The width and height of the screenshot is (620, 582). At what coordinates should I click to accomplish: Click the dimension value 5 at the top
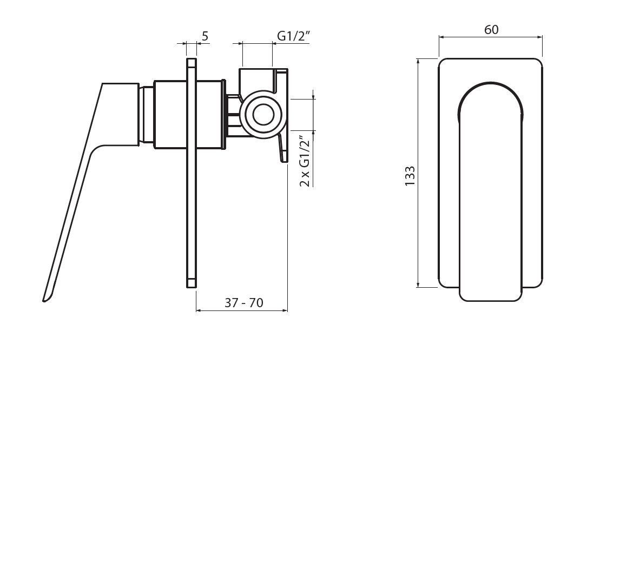click(205, 36)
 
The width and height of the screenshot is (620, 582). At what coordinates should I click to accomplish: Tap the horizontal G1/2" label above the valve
click(293, 36)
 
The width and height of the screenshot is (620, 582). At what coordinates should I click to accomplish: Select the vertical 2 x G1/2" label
click(305, 161)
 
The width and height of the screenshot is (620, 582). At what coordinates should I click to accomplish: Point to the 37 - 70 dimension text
click(244, 303)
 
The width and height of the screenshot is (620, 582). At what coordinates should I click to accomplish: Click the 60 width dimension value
click(491, 30)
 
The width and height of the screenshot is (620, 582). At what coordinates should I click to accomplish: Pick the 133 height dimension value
click(410, 176)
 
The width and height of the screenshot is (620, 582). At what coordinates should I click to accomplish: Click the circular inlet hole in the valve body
click(263, 115)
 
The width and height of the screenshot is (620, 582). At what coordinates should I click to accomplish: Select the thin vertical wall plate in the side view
click(192, 173)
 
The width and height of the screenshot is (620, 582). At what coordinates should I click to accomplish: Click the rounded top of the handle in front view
click(490, 83)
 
